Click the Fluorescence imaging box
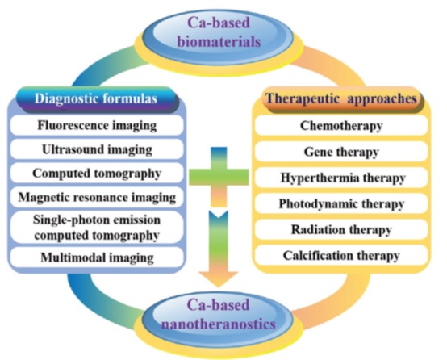point(97,125)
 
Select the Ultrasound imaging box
point(97,149)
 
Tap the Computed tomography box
point(97,174)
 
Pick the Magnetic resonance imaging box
point(97,197)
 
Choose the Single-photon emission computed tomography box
point(97,228)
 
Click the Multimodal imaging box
point(97,257)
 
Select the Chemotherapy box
point(341,125)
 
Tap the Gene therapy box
point(341,152)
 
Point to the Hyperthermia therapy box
point(341,178)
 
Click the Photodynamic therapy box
point(341,203)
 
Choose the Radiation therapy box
point(341,229)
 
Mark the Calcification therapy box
point(341,255)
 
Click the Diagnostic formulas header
point(97,99)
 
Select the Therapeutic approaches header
point(341,99)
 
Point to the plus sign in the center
point(219,177)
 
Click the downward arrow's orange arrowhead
point(219,279)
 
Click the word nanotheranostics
point(219,324)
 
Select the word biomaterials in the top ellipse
point(219,42)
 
